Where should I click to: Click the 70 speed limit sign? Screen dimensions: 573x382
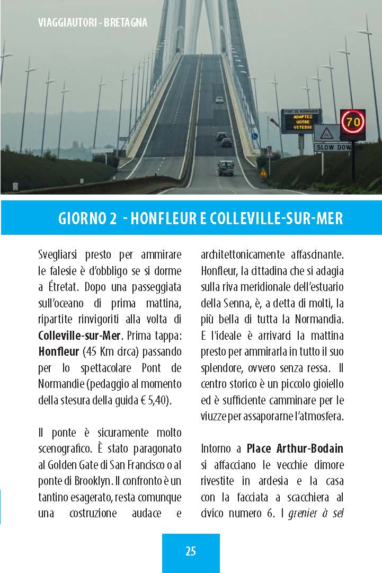[x=352, y=122]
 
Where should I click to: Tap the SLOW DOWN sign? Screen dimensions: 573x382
[x=332, y=147]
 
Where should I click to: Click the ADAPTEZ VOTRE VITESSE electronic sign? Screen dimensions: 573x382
[x=301, y=122]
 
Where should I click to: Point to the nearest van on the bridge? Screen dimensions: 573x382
[x=226, y=168]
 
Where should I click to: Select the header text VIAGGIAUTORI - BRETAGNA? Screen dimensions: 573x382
[x=93, y=23]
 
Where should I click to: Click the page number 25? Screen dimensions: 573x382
[x=191, y=551]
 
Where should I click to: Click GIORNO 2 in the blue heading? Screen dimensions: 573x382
[x=87, y=218]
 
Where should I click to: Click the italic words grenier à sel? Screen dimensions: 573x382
[x=316, y=513]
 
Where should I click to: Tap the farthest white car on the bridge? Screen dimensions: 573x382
[x=219, y=99]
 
